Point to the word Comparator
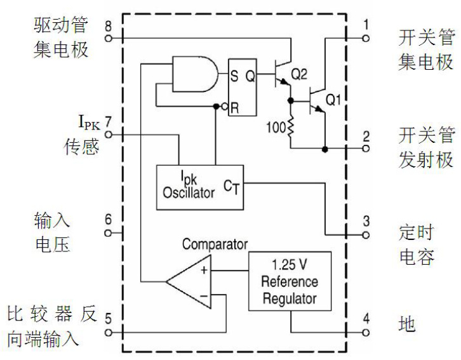coord(215,244)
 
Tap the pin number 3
coord(366,221)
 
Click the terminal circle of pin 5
coord(108,332)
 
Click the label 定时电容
coord(417,244)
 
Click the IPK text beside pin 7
coord(88,122)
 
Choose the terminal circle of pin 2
coord(366,149)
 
